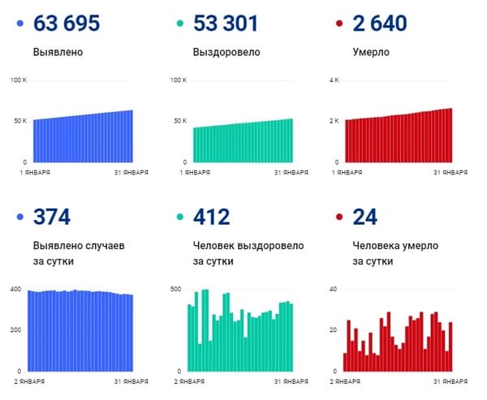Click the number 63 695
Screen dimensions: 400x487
[x=67, y=24]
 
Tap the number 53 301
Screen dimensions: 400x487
[x=226, y=24]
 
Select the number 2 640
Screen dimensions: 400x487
[x=381, y=24]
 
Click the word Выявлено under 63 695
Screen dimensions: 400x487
[x=58, y=53]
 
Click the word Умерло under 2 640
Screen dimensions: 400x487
[x=371, y=53]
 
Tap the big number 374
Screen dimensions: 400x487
[x=52, y=217]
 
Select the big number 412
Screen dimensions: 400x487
[x=212, y=217]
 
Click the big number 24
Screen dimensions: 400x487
[x=363, y=217]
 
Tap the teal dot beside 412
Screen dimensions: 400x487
[x=180, y=217]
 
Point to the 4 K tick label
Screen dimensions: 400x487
[x=333, y=80]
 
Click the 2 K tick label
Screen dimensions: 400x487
[x=333, y=121]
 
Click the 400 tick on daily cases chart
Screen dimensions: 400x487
[x=15, y=289]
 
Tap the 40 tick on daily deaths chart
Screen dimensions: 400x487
[x=333, y=289]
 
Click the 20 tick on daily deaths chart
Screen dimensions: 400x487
[x=333, y=329]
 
